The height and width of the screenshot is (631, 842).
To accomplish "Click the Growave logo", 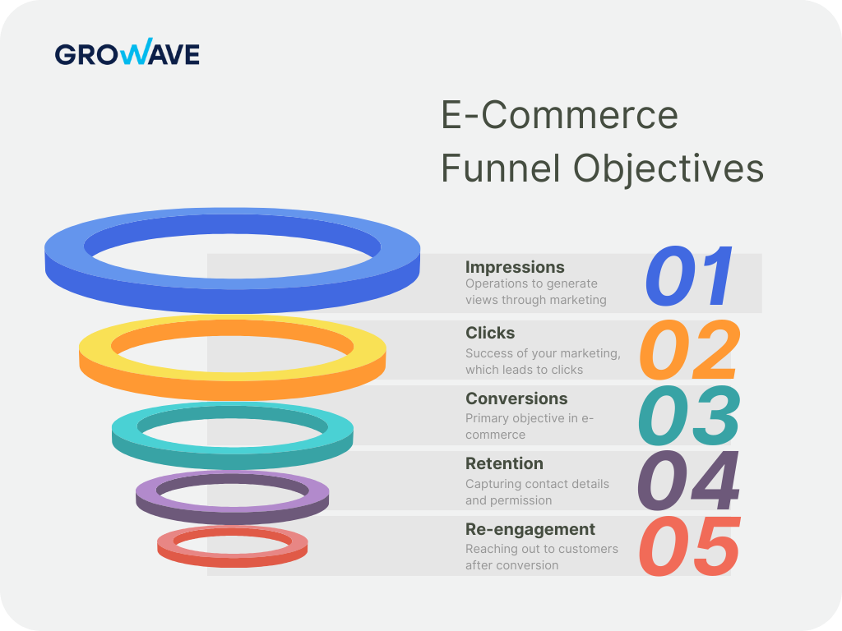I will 127,54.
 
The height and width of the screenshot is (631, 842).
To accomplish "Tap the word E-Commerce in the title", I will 559,114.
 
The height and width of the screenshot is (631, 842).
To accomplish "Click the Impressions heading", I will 515,267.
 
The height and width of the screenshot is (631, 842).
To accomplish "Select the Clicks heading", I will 490,333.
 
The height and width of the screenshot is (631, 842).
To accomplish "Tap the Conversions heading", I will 516,398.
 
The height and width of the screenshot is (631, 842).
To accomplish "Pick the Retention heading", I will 504,463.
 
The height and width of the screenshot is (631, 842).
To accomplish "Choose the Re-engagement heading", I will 530,529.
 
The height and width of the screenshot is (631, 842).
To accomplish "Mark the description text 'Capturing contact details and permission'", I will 537,492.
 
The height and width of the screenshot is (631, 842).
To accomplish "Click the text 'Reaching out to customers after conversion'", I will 541,557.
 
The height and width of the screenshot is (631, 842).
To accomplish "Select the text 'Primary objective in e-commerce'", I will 529,426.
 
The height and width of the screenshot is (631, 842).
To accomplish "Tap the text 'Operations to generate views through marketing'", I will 535,292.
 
